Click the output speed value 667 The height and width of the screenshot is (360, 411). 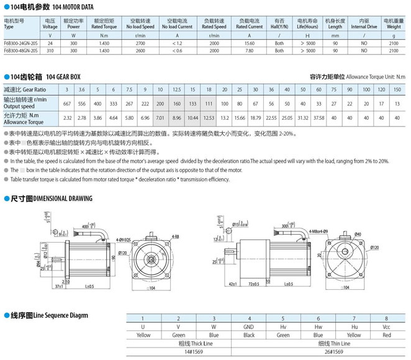(x=66, y=104)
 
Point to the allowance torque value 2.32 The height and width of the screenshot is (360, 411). (x=66, y=117)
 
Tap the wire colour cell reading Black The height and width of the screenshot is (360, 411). (x=248, y=335)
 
